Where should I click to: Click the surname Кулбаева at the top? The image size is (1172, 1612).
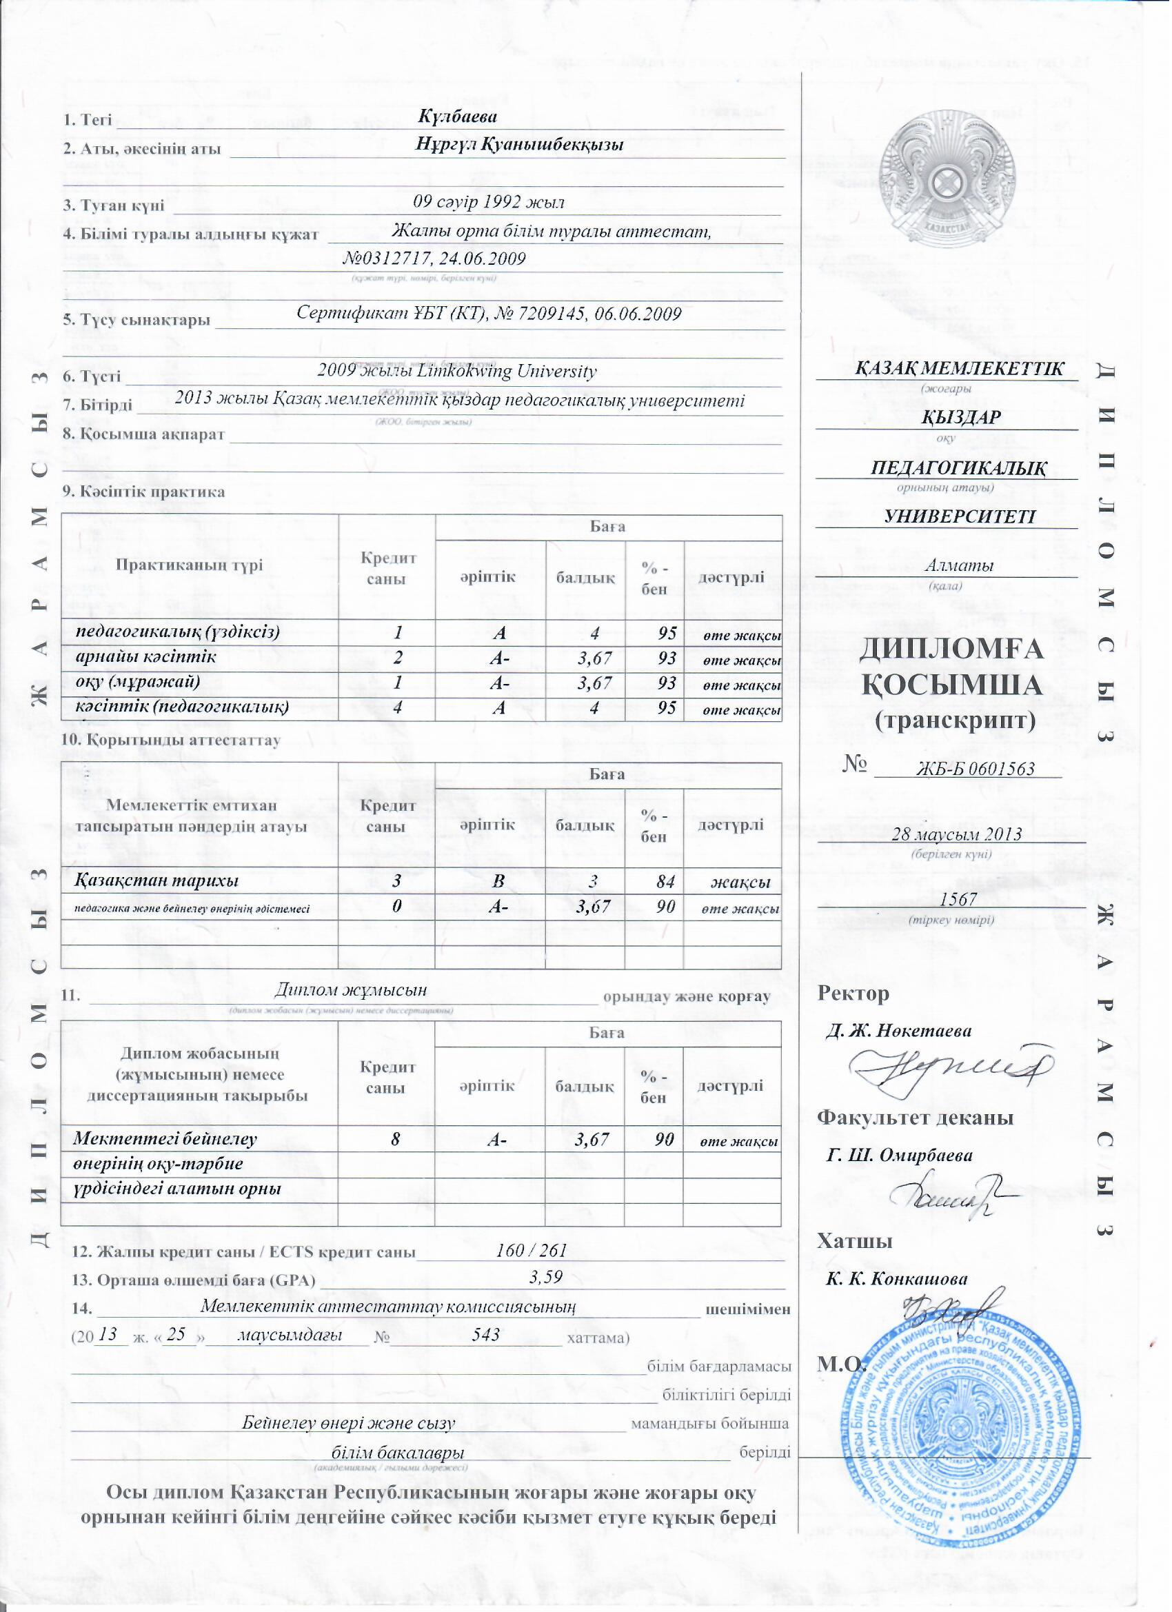[x=457, y=117]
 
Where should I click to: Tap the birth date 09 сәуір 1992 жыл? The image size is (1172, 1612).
[x=489, y=203]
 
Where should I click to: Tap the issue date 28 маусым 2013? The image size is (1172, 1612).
[x=957, y=834]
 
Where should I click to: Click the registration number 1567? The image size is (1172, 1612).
[x=958, y=899]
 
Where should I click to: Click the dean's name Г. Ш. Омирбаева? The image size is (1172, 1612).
[x=900, y=1155]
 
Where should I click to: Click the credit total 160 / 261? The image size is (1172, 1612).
[x=531, y=1249]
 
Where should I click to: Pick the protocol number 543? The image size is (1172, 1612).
[x=486, y=1333]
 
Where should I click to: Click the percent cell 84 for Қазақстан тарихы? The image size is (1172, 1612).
[x=666, y=882]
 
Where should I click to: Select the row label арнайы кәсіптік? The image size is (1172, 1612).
[x=146, y=657]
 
